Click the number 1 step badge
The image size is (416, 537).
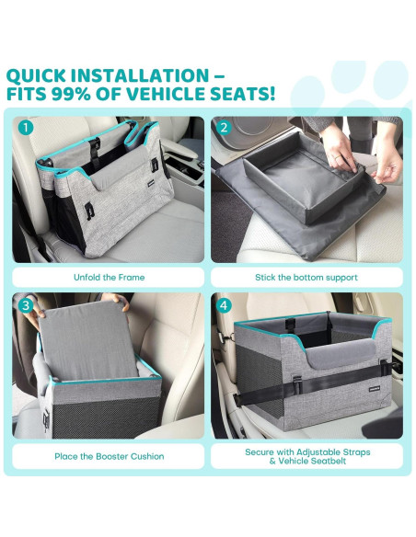26,128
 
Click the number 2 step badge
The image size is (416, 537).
224,128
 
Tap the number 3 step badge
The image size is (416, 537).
26,305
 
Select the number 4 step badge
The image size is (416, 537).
224,305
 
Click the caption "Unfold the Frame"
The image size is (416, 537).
109,277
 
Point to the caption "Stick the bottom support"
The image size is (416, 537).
306,278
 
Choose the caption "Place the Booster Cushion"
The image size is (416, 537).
109,456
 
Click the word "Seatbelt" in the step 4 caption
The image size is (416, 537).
329,461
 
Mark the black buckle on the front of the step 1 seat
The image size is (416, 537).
88,210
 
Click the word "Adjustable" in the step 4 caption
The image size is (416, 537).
317,452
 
